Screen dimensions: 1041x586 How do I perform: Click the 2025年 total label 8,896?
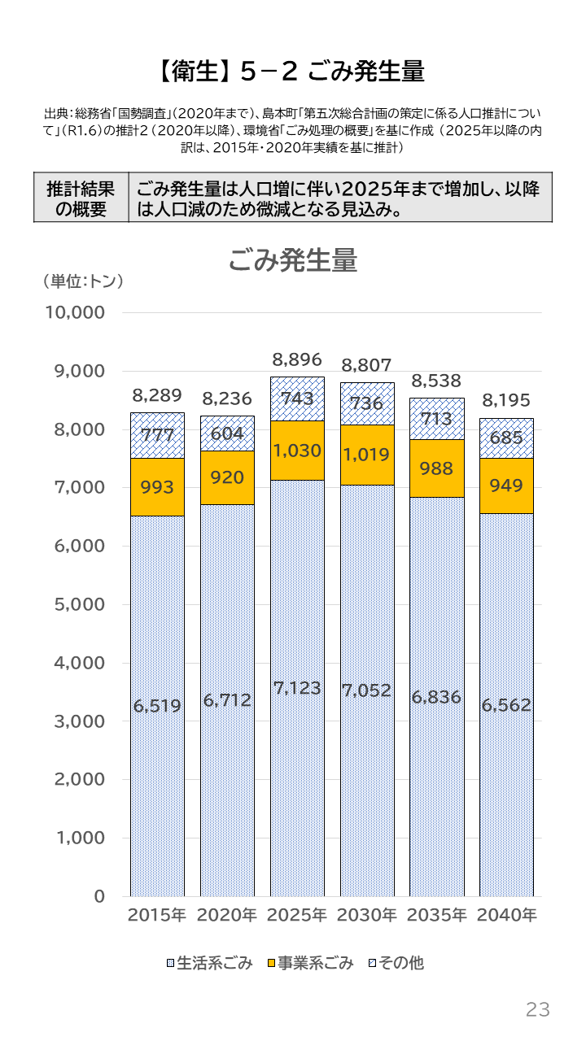click(x=297, y=359)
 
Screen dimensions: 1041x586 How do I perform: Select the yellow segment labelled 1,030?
click(x=297, y=450)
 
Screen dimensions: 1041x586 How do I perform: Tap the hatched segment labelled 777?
click(x=157, y=435)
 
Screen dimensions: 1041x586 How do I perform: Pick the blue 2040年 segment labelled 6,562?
click(x=506, y=704)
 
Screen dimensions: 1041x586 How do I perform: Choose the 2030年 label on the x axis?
click(x=367, y=915)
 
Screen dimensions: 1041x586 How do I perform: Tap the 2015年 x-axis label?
click(x=157, y=915)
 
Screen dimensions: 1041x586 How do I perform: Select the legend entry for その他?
click(x=396, y=964)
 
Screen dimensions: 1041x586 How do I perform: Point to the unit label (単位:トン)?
click(x=82, y=281)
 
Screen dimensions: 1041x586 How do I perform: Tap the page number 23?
click(x=538, y=1010)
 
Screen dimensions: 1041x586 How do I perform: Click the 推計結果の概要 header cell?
click(x=81, y=198)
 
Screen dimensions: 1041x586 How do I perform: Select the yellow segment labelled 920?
click(x=227, y=477)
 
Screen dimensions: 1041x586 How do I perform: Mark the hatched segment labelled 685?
click(x=506, y=438)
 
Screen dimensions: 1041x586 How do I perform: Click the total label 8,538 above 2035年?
click(x=436, y=381)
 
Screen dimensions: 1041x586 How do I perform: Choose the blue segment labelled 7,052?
click(x=367, y=691)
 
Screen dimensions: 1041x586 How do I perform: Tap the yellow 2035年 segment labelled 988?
click(x=436, y=468)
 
